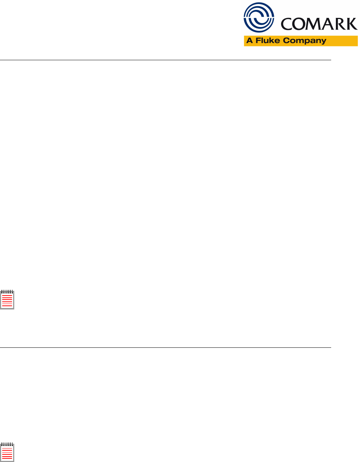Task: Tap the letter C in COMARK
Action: click(287, 24)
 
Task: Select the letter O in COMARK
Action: click(299, 24)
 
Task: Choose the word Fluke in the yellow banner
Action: click(268, 41)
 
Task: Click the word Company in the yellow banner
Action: click(305, 41)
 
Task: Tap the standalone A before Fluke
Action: click(250, 41)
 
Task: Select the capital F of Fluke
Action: click(258, 41)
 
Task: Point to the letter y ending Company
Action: click(323, 42)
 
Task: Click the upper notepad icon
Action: click(7, 300)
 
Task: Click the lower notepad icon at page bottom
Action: click(7, 453)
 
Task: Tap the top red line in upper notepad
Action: click(7, 296)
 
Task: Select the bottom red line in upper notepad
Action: click(7, 306)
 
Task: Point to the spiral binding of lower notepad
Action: click(7, 444)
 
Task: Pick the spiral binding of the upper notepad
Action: click(7, 292)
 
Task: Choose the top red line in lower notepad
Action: click(7, 448)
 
